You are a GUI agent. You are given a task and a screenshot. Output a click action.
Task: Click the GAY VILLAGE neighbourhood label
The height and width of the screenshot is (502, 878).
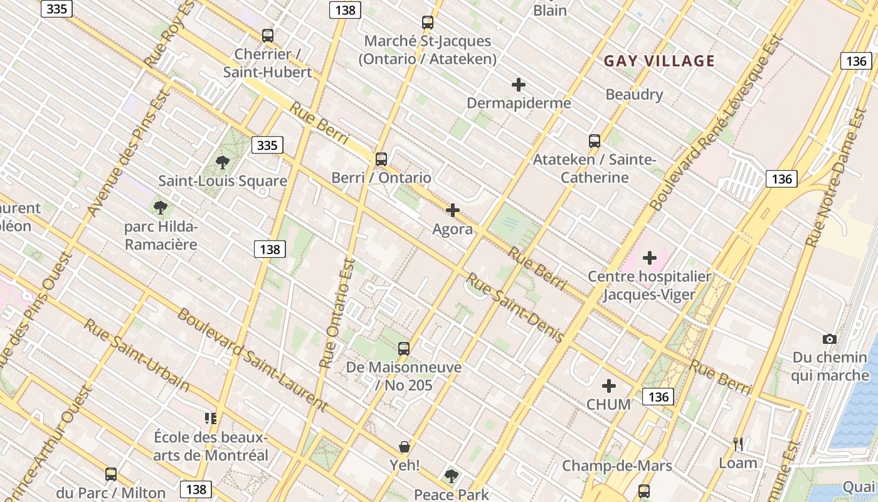tap(659, 61)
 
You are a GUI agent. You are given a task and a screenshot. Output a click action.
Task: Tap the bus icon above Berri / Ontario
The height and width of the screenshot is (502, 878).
tap(381, 159)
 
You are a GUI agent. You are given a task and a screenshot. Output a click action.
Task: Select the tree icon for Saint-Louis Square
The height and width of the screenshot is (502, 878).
tap(222, 163)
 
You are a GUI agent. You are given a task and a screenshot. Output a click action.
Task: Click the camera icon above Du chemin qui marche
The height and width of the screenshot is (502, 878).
tap(829, 339)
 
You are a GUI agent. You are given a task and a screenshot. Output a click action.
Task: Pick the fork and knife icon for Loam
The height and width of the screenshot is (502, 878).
tap(738, 444)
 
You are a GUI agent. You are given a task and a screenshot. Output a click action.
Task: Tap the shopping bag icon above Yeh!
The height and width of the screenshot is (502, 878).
tap(405, 447)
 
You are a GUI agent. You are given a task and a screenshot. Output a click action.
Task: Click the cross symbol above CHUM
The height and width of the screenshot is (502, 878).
tap(608, 386)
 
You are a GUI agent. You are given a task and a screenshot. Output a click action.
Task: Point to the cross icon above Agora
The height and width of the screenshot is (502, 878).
tap(452, 210)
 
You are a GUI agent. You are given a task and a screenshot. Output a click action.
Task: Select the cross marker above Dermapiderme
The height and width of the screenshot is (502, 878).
tap(518, 85)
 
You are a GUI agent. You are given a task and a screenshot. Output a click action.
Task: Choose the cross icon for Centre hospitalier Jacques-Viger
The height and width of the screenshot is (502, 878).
tap(649, 257)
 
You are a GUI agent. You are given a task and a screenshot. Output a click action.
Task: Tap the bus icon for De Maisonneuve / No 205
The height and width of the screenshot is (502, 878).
tap(404, 348)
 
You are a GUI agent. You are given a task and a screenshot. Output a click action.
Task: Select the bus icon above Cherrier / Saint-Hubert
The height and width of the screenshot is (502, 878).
tap(268, 35)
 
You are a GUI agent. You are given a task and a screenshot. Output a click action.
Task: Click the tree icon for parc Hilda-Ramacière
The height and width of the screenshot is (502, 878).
tap(161, 208)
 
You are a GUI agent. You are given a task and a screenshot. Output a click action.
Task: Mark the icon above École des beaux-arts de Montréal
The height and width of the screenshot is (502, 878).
tap(211, 418)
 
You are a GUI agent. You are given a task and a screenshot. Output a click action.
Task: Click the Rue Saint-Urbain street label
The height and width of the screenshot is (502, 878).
tap(136, 355)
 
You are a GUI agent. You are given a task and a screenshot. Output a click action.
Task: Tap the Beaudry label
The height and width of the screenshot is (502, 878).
tap(634, 95)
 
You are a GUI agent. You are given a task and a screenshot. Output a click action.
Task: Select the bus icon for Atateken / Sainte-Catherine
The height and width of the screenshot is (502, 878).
tap(594, 141)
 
